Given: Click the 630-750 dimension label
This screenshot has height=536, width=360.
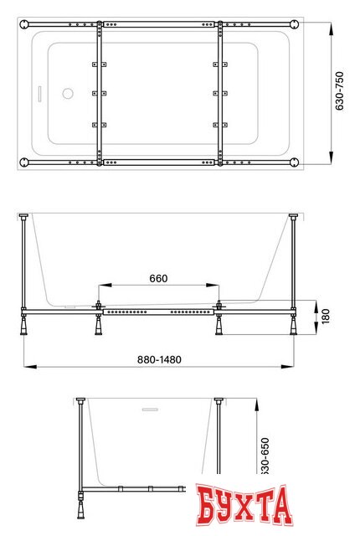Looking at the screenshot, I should [340, 91].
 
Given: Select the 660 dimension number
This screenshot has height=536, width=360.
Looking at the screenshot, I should [159, 278].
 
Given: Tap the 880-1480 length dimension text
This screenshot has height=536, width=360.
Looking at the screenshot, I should [158, 359].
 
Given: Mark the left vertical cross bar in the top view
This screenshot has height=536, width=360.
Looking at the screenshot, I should [100, 92].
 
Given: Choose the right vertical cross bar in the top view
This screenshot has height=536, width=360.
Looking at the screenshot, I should [220, 92].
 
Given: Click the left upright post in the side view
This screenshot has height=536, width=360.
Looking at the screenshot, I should [24, 264].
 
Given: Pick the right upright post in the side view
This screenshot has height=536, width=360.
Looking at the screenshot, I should [294, 264].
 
